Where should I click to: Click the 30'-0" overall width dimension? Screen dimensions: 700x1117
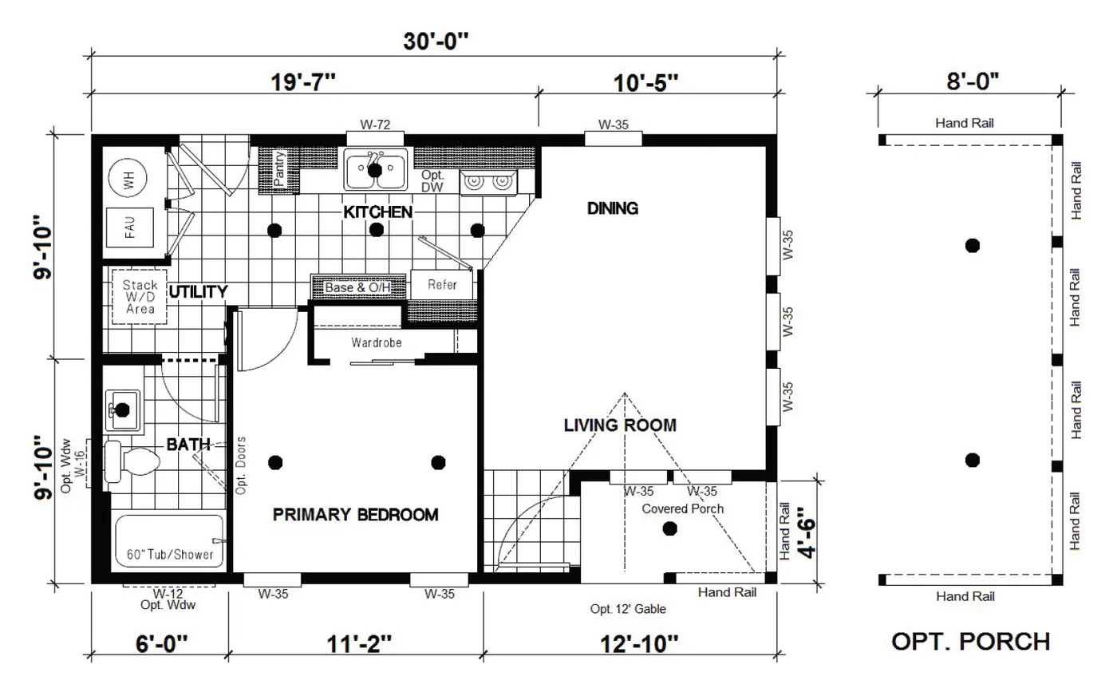(435, 42)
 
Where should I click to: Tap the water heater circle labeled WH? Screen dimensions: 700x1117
(128, 180)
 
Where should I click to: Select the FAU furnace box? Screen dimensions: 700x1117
(129, 227)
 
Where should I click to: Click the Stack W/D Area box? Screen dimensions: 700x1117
(139, 296)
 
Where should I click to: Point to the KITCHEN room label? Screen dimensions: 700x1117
(377, 212)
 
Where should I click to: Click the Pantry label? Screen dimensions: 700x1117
(279, 168)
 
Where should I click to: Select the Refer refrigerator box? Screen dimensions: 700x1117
(442, 285)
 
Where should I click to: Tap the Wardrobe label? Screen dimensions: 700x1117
(377, 342)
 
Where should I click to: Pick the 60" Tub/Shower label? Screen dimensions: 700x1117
(170, 554)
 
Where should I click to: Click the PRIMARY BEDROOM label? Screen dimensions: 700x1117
(356, 515)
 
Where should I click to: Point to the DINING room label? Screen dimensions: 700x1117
(613, 208)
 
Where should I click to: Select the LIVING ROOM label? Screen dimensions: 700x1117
(620, 425)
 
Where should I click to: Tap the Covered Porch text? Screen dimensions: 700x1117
(683, 508)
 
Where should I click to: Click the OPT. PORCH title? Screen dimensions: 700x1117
(970, 641)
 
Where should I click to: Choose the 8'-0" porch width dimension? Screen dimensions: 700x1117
(973, 81)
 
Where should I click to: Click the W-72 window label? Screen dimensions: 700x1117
(375, 125)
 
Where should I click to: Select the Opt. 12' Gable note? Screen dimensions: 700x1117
(628, 609)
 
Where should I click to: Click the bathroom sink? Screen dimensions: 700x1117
(122, 409)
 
